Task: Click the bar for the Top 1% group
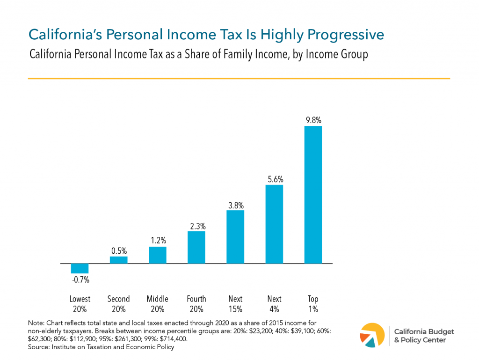click(x=313, y=195)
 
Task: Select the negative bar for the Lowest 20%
click(x=80, y=269)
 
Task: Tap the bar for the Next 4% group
click(x=274, y=224)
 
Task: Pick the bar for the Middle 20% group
click(x=157, y=255)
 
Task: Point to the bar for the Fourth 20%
click(x=196, y=248)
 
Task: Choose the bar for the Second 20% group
click(x=118, y=260)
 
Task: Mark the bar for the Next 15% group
click(x=235, y=237)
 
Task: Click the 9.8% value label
click(x=313, y=120)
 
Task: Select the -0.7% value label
click(x=80, y=280)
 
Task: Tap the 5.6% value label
click(x=274, y=179)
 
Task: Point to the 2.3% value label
click(x=196, y=226)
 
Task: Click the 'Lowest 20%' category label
click(x=80, y=304)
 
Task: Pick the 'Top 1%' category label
click(x=313, y=304)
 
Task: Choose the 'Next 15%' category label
click(x=235, y=304)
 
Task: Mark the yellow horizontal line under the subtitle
click(x=239, y=78)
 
